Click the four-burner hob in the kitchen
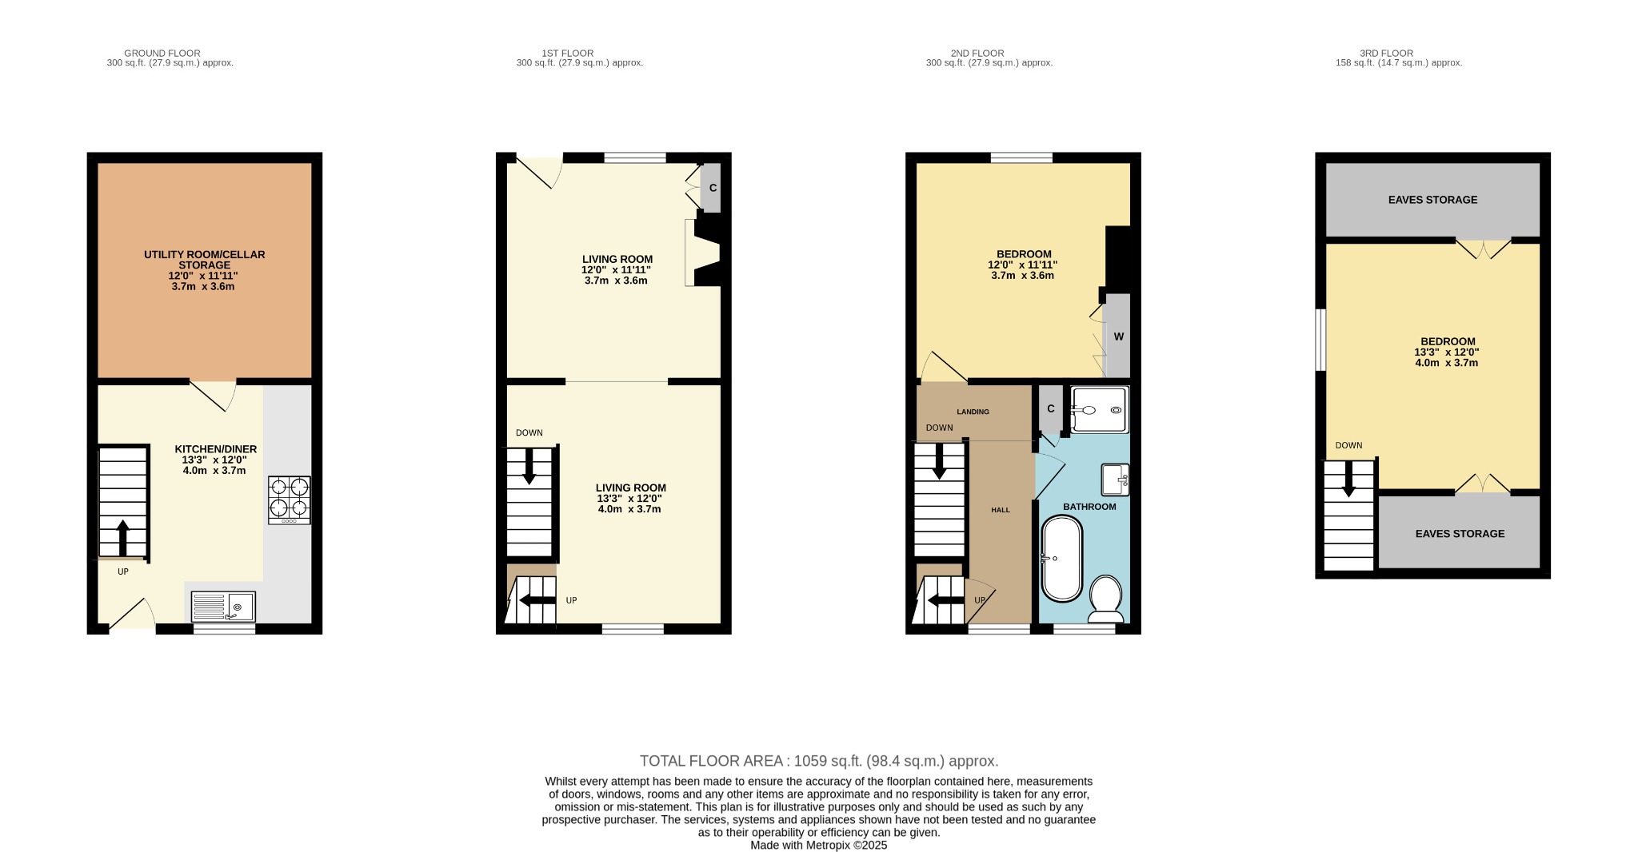pyautogui.click(x=290, y=499)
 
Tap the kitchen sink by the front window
pyautogui.click(x=224, y=607)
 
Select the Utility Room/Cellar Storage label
pyautogui.click(x=204, y=260)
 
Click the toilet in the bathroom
pyautogui.click(x=1106, y=598)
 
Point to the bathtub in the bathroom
pyautogui.click(x=1061, y=558)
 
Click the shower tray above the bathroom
pyautogui.click(x=1100, y=410)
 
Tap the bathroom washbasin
pyautogui.click(x=1116, y=480)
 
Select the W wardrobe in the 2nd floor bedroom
pyautogui.click(x=1118, y=336)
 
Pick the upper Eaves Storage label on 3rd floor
pyautogui.click(x=1432, y=200)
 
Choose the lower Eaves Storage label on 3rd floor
pyautogui.click(x=1460, y=534)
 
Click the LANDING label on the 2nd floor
pyautogui.click(x=973, y=412)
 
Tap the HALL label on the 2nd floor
pyautogui.click(x=1001, y=510)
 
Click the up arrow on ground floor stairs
pyautogui.click(x=122, y=537)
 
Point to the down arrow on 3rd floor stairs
pyautogui.click(x=1348, y=479)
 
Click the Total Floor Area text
pyautogui.click(x=819, y=761)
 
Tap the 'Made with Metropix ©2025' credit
pyautogui.click(x=819, y=845)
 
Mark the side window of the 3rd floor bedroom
pyautogui.click(x=1321, y=340)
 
